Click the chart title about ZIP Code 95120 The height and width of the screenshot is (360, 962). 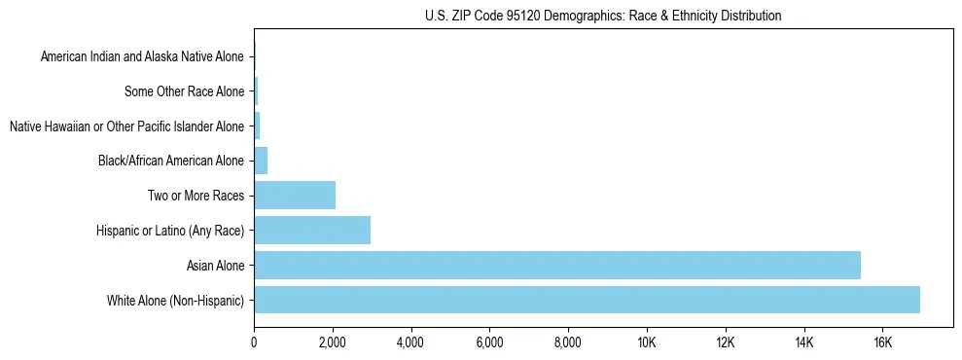tap(603, 16)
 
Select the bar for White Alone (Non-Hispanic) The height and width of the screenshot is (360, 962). tap(587, 300)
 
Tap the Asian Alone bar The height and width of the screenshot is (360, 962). tap(557, 265)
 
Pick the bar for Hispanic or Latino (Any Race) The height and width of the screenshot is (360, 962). tap(312, 230)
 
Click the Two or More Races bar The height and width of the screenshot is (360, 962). tap(295, 195)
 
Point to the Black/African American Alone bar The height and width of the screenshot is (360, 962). tap(261, 160)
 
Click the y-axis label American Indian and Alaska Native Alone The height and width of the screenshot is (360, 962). tap(143, 57)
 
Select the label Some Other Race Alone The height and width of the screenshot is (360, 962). tap(185, 92)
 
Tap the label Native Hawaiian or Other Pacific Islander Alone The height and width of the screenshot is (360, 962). tap(126, 127)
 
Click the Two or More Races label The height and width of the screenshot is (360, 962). tap(196, 196)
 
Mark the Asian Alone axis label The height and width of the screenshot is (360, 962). tap(216, 266)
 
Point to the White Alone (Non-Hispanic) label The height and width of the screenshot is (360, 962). tap(176, 301)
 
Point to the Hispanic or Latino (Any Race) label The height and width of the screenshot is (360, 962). tap(170, 231)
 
